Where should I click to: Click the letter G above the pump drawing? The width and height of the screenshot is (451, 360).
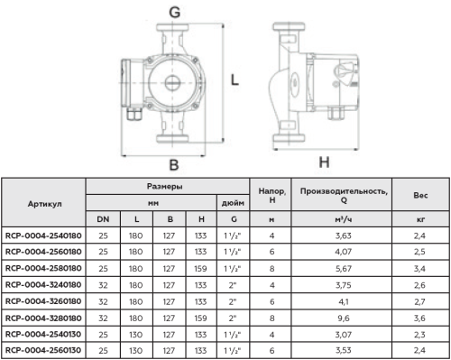pos(175,13)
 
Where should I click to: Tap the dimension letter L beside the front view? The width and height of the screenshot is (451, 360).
pos(235,80)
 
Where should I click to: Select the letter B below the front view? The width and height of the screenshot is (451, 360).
pos(174,165)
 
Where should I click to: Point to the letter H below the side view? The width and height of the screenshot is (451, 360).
pos(324,162)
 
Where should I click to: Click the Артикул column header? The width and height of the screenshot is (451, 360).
pos(45,204)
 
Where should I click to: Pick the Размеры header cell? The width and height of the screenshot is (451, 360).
pos(165,187)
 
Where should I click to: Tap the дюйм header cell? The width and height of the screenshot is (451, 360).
pos(233,203)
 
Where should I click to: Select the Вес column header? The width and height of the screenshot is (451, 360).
pos(420,196)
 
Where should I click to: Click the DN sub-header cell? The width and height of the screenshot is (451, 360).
pos(103,219)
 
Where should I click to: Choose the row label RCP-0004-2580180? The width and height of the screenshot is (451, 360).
pos(43,268)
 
